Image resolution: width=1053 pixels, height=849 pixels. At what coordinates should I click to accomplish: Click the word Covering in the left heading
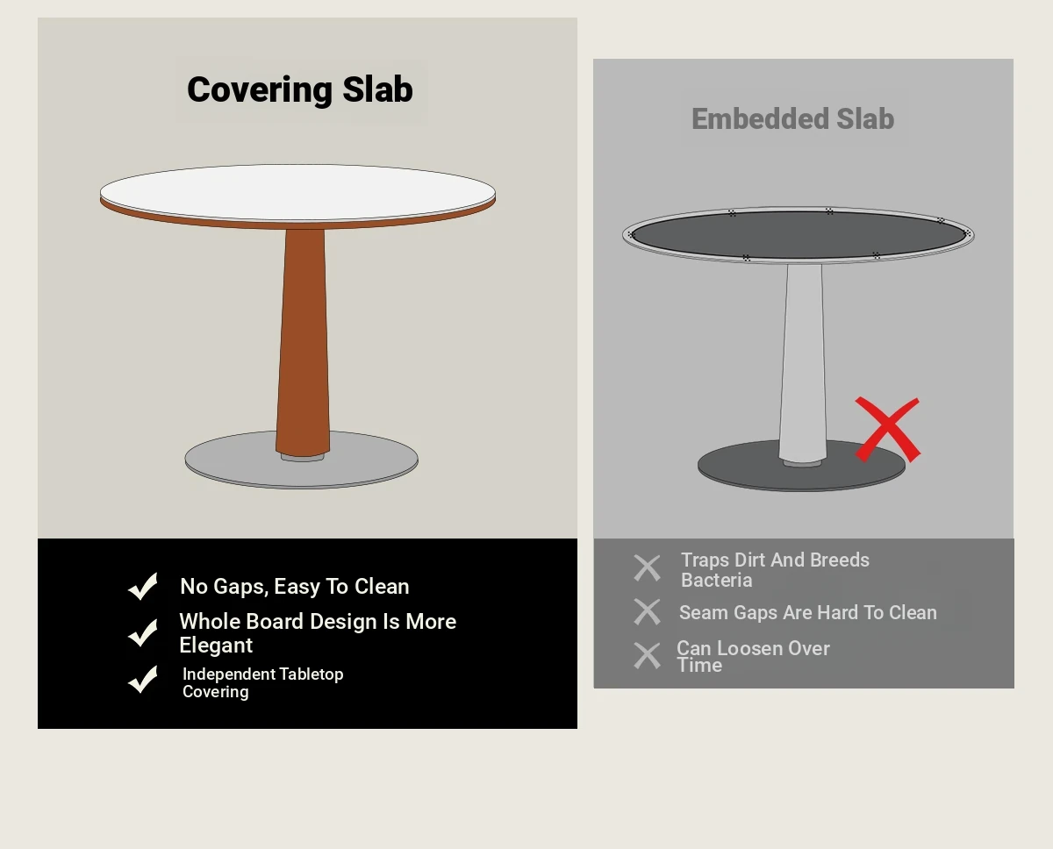click(260, 90)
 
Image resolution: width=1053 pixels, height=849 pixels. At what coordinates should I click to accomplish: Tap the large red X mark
click(888, 430)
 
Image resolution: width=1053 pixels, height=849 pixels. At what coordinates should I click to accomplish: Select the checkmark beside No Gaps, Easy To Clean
click(143, 586)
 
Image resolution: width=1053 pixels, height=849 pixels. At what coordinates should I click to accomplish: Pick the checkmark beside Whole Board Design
click(143, 632)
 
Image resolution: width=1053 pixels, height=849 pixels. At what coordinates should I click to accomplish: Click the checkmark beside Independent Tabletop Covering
click(143, 680)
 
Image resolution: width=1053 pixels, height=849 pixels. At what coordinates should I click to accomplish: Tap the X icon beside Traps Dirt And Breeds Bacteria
click(647, 567)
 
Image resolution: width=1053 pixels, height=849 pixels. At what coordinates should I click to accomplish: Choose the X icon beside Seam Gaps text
click(647, 612)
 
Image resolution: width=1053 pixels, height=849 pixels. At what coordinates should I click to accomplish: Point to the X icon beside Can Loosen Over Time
click(647, 655)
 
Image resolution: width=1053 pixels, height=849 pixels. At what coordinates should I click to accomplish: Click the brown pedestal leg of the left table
click(303, 342)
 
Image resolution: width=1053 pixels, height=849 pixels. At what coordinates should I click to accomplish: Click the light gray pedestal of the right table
click(803, 362)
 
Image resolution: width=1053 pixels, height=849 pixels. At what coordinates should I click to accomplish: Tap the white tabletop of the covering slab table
click(297, 192)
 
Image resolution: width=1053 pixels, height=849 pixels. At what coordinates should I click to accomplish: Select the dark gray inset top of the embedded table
click(799, 234)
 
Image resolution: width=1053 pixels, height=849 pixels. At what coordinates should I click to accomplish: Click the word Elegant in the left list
click(216, 646)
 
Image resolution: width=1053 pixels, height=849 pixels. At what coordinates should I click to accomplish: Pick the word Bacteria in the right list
click(716, 581)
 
